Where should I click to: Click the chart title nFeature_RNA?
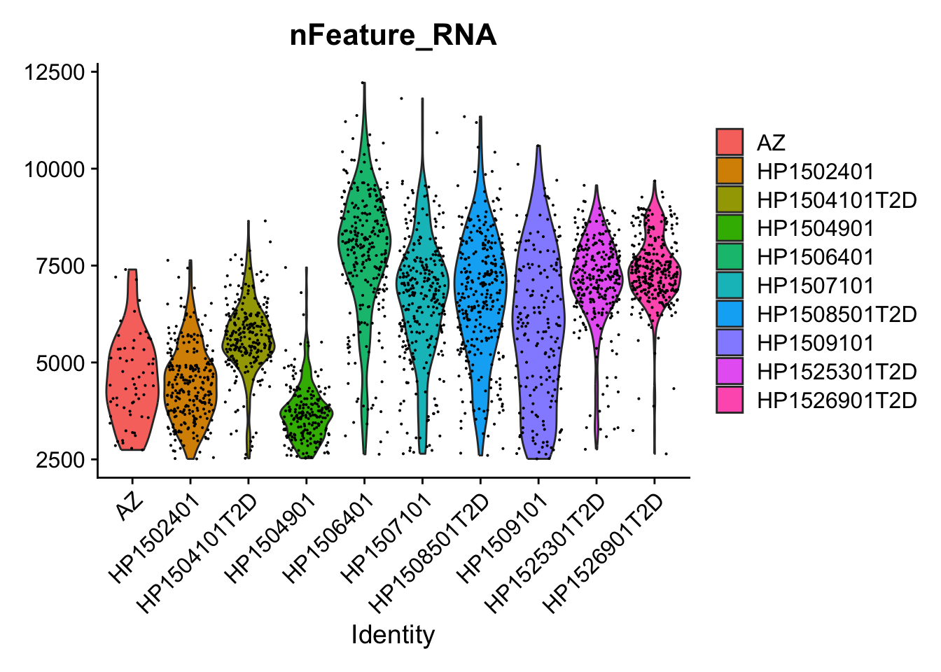tap(393, 36)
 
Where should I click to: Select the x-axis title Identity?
tap(393, 635)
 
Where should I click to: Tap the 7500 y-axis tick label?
tap(60, 266)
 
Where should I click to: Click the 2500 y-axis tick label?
tap(60, 460)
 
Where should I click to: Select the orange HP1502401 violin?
tap(190, 378)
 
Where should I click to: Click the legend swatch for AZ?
tap(730, 142)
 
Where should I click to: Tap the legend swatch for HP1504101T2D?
tap(730, 199)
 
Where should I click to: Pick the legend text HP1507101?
tap(816, 286)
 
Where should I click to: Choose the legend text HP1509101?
tap(816, 343)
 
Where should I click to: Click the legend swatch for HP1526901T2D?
tap(730, 400)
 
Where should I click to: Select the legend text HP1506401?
tap(816, 257)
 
